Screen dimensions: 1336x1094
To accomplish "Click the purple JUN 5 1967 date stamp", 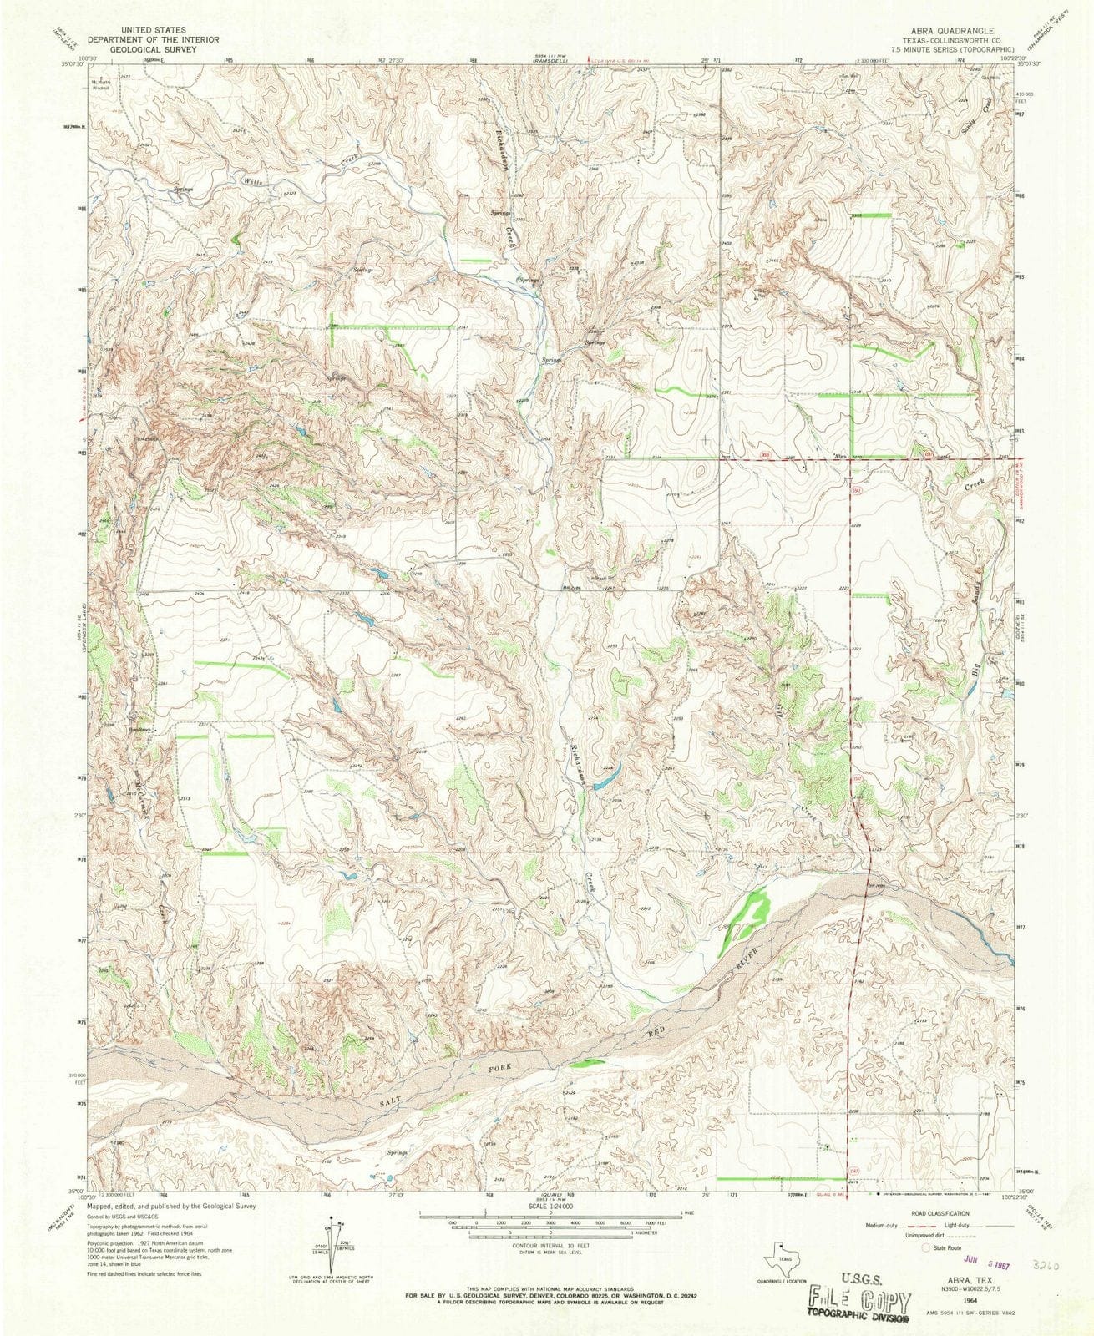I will coord(986,1242).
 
